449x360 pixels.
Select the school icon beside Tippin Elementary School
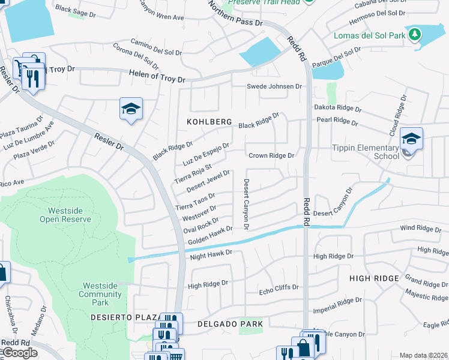pyautogui.click(x=411, y=139)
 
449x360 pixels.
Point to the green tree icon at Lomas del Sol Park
pyautogui.click(x=414, y=34)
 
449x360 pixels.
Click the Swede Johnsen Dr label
pyautogui.click(x=274, y=86)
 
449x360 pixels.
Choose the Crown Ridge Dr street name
pyautogui.click(x=272, y=155)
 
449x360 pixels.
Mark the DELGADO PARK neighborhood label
pyautogui.click(x=231, y=324)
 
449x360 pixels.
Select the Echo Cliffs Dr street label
pyautogui.click(x=279, y=288)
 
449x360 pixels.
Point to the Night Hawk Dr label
pyautogui.click(x=211, y=254)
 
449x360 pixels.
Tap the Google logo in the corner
pyautogui.click(x=19, y=353)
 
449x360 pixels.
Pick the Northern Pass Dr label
pyautogui.click(x=236, y=14)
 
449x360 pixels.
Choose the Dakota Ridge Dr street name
pyautogui.click(x=338, y=109)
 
